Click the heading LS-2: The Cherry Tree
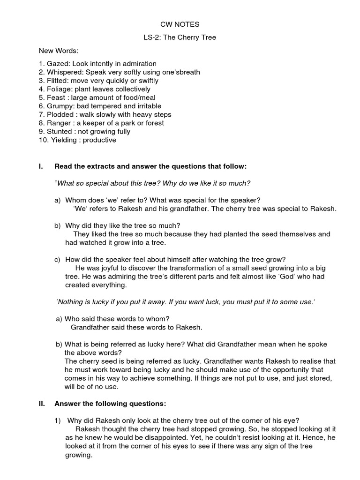point(180,37)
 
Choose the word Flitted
point(58,81)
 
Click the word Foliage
point(59,89)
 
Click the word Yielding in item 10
point(63,140)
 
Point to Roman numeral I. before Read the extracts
point(40,166)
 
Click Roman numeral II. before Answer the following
point(41,403)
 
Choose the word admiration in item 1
point(140,64)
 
